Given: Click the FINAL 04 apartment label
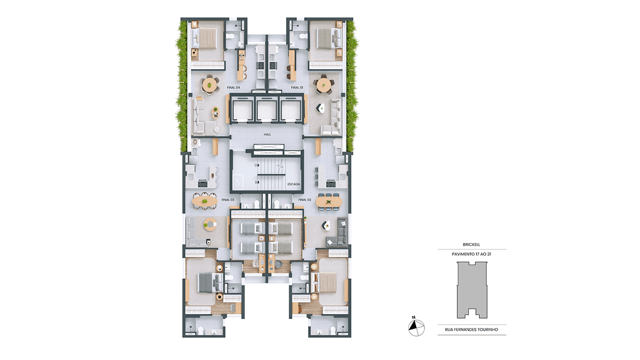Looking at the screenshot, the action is click(x=233, y=87).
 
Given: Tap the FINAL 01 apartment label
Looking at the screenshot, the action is click(x=297, y=87).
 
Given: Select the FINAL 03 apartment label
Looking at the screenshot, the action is click(x=227, y=199).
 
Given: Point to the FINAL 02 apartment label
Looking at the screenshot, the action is click(x=304, y=199).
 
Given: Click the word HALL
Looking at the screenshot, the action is click(x=267, y=134).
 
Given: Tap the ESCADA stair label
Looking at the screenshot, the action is click(x=293, y=184).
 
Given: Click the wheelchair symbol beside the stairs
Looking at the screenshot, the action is click(x=237, y=181).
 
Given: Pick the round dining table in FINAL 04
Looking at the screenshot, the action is click(x=209, y=85).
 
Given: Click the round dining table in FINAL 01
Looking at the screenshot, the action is click(x=323, y=84).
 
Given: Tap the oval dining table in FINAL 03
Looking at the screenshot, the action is click(x=205, y=201).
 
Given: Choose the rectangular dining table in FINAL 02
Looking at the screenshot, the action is click(x=328, y=202).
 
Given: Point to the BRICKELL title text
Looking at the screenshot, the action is click(x=471, y=244).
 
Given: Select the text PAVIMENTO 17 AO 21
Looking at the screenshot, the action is click(x=471, y=254).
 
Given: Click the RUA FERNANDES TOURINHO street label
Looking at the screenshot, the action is click(x=471, y=329).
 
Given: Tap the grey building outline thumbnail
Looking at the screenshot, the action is click(x=472, y=289).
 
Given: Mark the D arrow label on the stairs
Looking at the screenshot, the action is click(x=257, y=165).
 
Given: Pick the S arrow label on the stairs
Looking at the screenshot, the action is click(x=257, y=182).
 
